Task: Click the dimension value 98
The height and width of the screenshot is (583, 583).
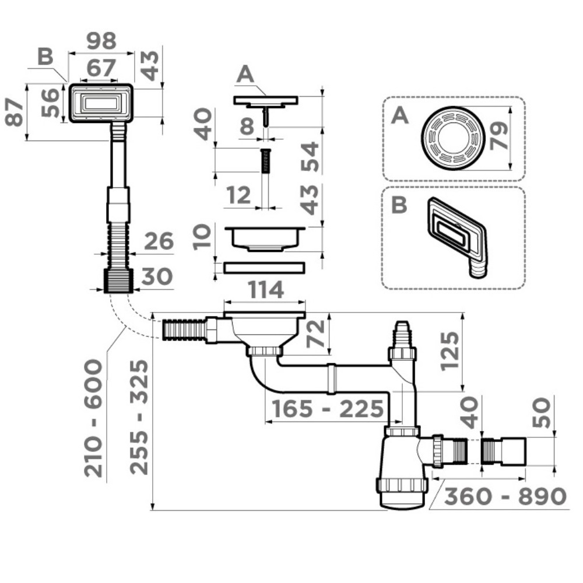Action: pos(101,41)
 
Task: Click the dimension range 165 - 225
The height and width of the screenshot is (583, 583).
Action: pos(325,409)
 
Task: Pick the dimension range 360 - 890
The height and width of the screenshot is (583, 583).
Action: pos(505,496)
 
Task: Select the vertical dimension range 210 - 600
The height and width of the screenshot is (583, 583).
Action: pos(94,417)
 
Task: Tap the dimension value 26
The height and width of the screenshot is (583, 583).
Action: pos(159,241)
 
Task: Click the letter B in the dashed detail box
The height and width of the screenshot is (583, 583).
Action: pos(399,205)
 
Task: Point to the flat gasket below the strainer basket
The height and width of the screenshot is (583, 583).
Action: pos(264,268)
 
